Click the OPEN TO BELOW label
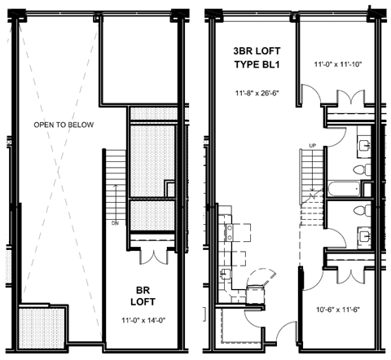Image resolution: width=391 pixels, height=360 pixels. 64,125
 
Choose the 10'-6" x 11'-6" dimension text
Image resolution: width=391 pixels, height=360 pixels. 340,310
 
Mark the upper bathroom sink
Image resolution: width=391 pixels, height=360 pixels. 360,147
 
